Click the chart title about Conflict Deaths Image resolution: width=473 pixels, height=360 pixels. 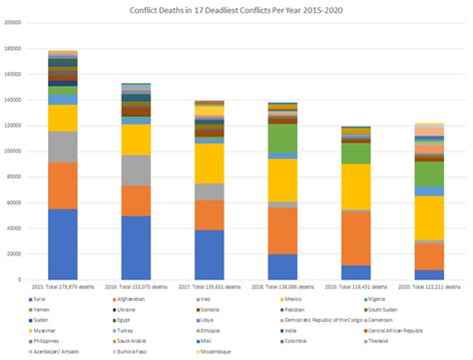coord(236,9)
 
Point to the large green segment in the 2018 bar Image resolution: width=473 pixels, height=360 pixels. coord(284,138)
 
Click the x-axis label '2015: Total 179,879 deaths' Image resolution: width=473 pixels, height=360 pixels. coord(63,286)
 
